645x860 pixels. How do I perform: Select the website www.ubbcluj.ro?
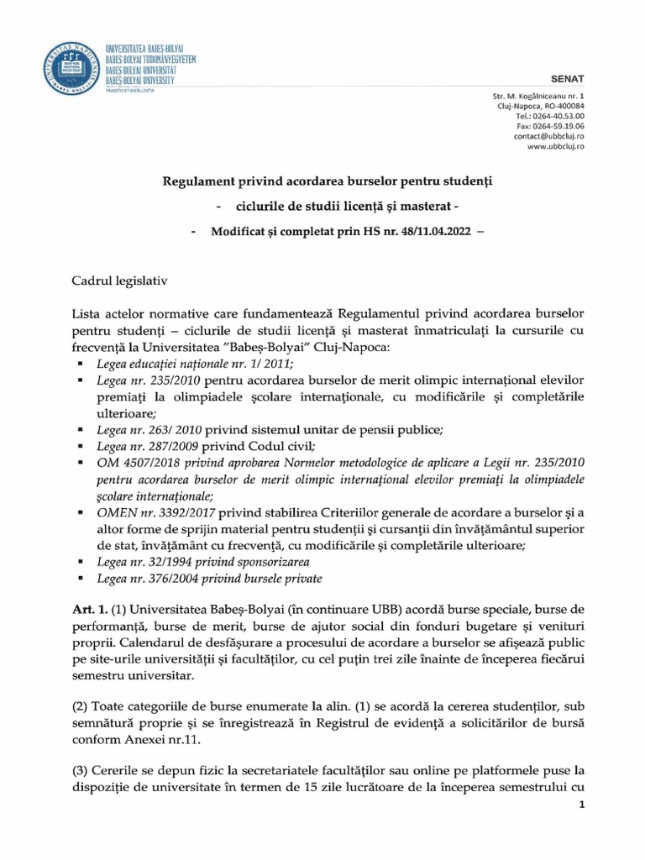(555, 146)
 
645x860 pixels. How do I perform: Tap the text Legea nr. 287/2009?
(139, 445)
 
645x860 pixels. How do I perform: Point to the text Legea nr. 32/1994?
(136, 562)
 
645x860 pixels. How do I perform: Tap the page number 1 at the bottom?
(581, 805)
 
